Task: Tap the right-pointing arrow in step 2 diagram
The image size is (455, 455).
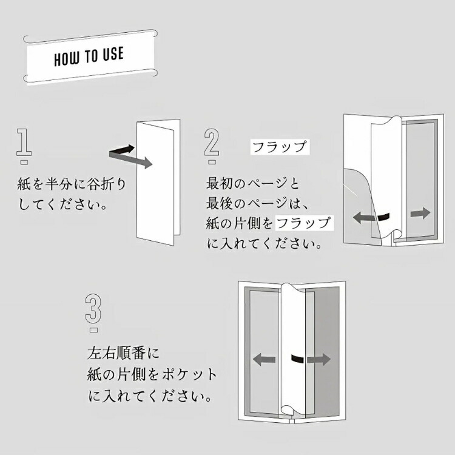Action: click(x=420, y=213)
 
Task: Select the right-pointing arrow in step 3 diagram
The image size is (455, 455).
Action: click(x=318, y=359)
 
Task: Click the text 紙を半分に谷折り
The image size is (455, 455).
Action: click(x=72, y=183)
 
